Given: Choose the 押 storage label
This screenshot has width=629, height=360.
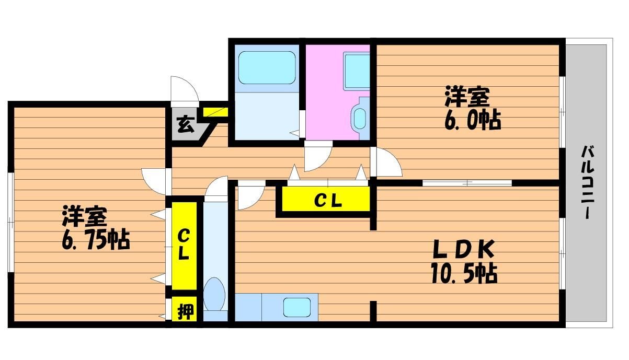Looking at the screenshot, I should tap(185, 312).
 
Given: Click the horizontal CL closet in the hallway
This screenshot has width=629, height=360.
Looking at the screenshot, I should tap(327, 200).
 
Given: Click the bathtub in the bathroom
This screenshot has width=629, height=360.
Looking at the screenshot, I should tap(267, 67).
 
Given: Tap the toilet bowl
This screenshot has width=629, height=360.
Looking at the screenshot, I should tap(214, 294).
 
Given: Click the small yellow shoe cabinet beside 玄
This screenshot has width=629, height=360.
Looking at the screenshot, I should tap(214, 112).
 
